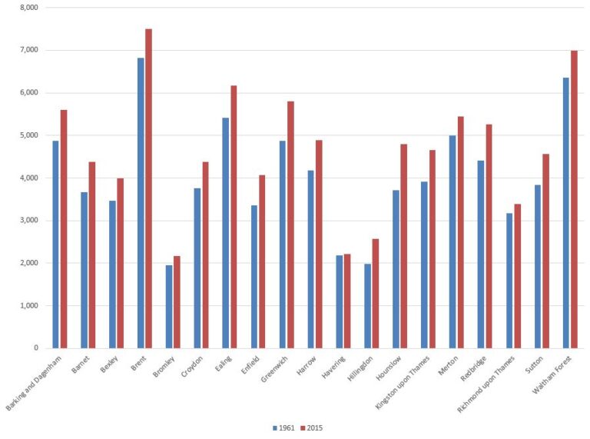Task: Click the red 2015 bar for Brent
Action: (148, 188)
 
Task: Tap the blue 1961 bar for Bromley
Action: (169, 307)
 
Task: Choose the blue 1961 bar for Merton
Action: (452, 242)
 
